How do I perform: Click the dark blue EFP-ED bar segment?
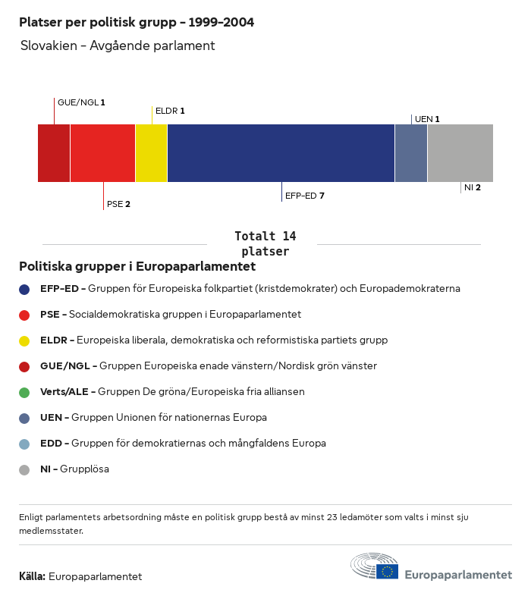pyautogui.click(x=281, y=153)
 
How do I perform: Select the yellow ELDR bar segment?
pyautogui.click(x=151, y=153)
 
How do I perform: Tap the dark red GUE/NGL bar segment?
pyautogui.click(x=54, y=153)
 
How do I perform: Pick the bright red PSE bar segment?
pyautogui.click(x=102, y=153)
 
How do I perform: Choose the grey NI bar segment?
pyautogui.click(x=460, y=153)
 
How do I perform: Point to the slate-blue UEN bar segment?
pyautogui.click(x=411, y=153)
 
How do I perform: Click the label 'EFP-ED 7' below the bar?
pyautogui.click(x=305, y=196)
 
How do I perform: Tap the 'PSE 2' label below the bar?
pyautogui.click(x=118, y=204)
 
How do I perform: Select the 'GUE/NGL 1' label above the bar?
pyautogui.click(x=81, y=102)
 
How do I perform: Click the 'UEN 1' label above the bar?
pyautogui.click(x=427, y=119)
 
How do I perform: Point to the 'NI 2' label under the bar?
pyautogui.click(x=472, y=187)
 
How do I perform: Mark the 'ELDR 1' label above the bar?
pyautogui.click(x=170, y=111)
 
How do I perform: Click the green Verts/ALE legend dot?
pyautogui.click(x=24, y=392)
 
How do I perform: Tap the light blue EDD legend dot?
pyautogui.click(x=24, y=444)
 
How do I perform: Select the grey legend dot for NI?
pyautogui.click(x=24, y=469)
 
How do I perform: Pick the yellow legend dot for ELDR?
pyautogui.click(x=24, y=340)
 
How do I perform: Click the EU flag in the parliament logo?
pyautogui.click(x=388, y=571)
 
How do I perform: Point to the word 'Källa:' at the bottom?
pyautogui.click(x=32, y=576)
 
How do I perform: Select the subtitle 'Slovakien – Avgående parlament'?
pyautogui.click(x=118, y=45)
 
